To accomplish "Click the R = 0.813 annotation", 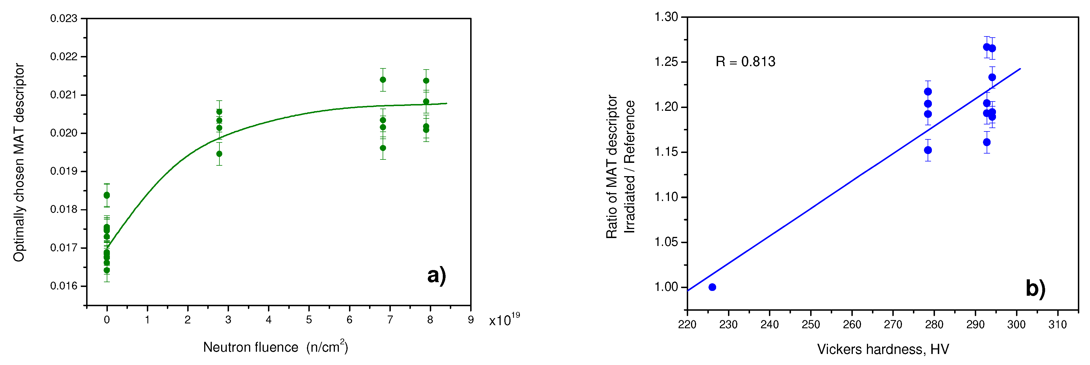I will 745,62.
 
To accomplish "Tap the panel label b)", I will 1035,288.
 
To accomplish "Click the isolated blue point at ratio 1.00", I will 712,287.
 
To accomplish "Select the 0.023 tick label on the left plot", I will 64,19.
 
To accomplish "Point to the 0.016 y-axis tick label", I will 64,286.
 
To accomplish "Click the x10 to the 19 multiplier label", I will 504,320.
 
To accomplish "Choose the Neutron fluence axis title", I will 275,347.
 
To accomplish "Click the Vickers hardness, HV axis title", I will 883,349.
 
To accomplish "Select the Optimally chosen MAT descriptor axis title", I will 19,163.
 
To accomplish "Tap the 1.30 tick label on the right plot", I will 666,17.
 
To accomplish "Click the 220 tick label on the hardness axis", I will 687,325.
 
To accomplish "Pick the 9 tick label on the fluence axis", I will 470,320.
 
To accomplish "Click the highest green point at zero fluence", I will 107,195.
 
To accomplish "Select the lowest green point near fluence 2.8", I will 219,154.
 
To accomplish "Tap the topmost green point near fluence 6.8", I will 383,80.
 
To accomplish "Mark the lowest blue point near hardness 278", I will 928,150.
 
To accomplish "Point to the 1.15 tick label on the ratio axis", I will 666,152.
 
